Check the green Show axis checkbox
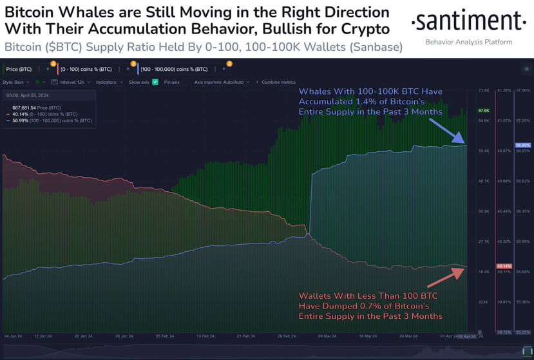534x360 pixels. [155, 82]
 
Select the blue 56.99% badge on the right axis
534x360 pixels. [522, 146]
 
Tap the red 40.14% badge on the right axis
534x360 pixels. [504, 266]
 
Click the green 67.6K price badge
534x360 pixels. [484, 111]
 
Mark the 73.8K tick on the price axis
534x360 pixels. [484, 91]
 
